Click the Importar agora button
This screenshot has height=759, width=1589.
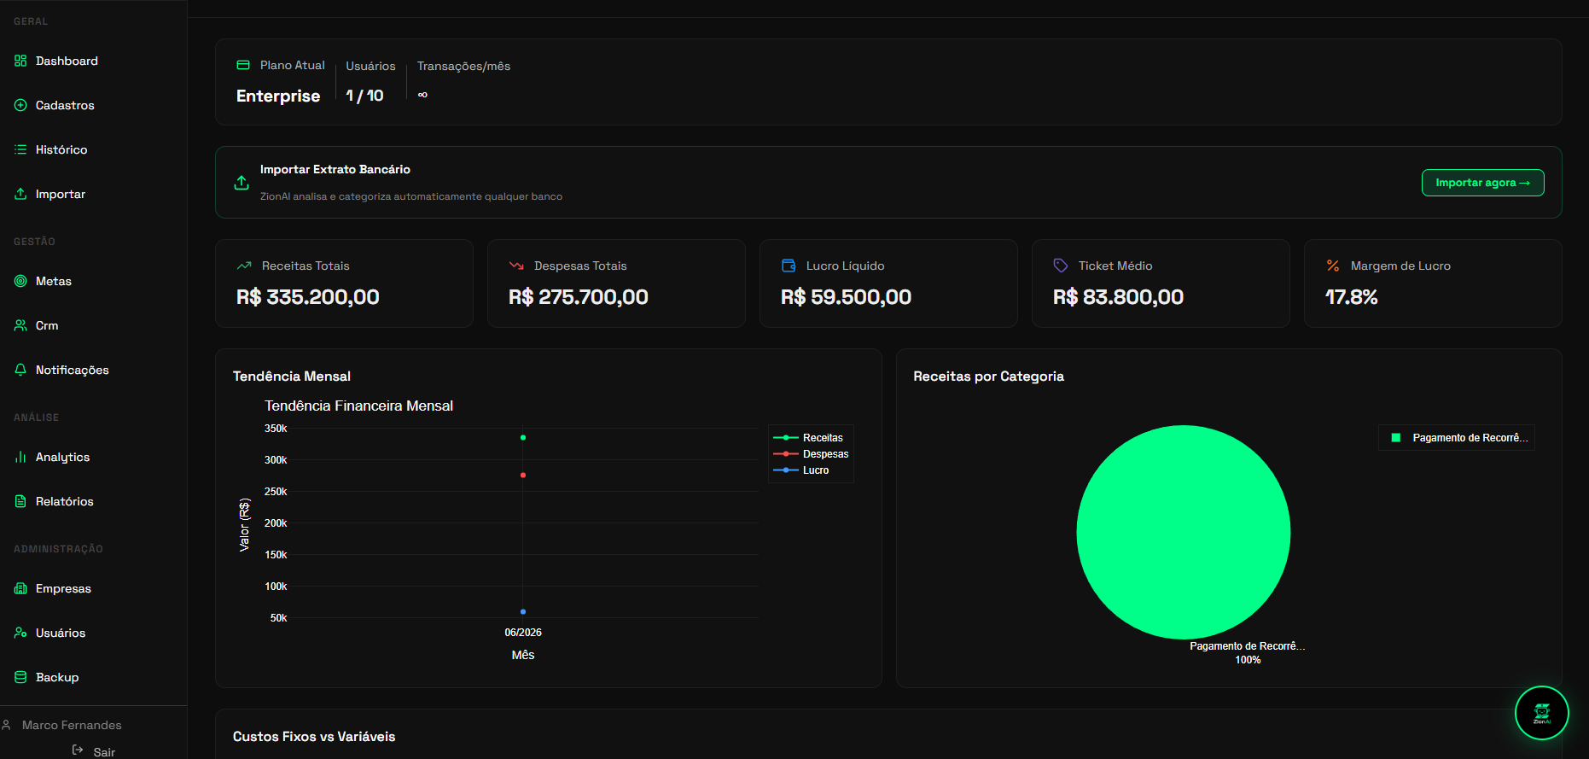point(1482,183)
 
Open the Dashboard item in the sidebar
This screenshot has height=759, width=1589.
point(56,61)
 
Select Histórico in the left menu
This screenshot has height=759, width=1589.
point(51,149)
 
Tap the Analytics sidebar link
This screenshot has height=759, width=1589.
point(52,457)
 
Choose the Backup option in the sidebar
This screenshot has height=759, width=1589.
point(47,677)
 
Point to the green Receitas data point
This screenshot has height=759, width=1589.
point(523,438)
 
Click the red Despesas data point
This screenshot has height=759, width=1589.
point(523,475)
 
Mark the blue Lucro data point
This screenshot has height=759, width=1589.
point(523,612)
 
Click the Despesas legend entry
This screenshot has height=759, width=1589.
point(811,454)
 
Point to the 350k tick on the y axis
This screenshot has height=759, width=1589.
point(276,429)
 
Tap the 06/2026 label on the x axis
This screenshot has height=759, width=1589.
point(523,633)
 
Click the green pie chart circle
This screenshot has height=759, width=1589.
point(1184,532)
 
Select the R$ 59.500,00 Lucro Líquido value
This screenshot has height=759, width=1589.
point(846,297)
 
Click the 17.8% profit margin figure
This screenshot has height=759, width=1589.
point(1352,297)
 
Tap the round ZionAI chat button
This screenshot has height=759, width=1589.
point(1542,713)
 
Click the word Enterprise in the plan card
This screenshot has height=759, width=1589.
point(278,96)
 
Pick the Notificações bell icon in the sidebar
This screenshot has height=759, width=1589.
point(20,370)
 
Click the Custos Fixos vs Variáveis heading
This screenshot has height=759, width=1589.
point(314,737)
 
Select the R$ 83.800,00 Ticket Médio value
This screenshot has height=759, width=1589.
point(1118,297)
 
